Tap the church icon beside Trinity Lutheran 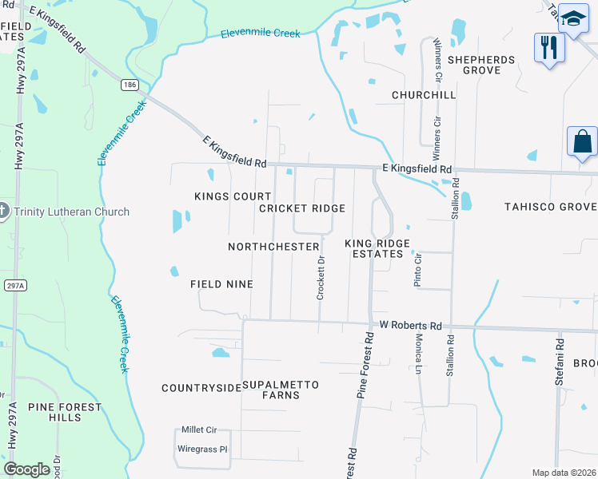point(4,211)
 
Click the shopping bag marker point(582,142)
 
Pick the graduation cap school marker point(573,18)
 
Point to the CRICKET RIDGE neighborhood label point(302,208)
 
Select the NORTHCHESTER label point(273,247)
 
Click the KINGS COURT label point(222,196)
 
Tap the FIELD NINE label point(221,284)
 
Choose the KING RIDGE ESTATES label point(377,248)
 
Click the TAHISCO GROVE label point(550,207)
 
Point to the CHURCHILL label point(424,95)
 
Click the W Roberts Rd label point(410,326)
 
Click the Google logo point(26,469)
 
